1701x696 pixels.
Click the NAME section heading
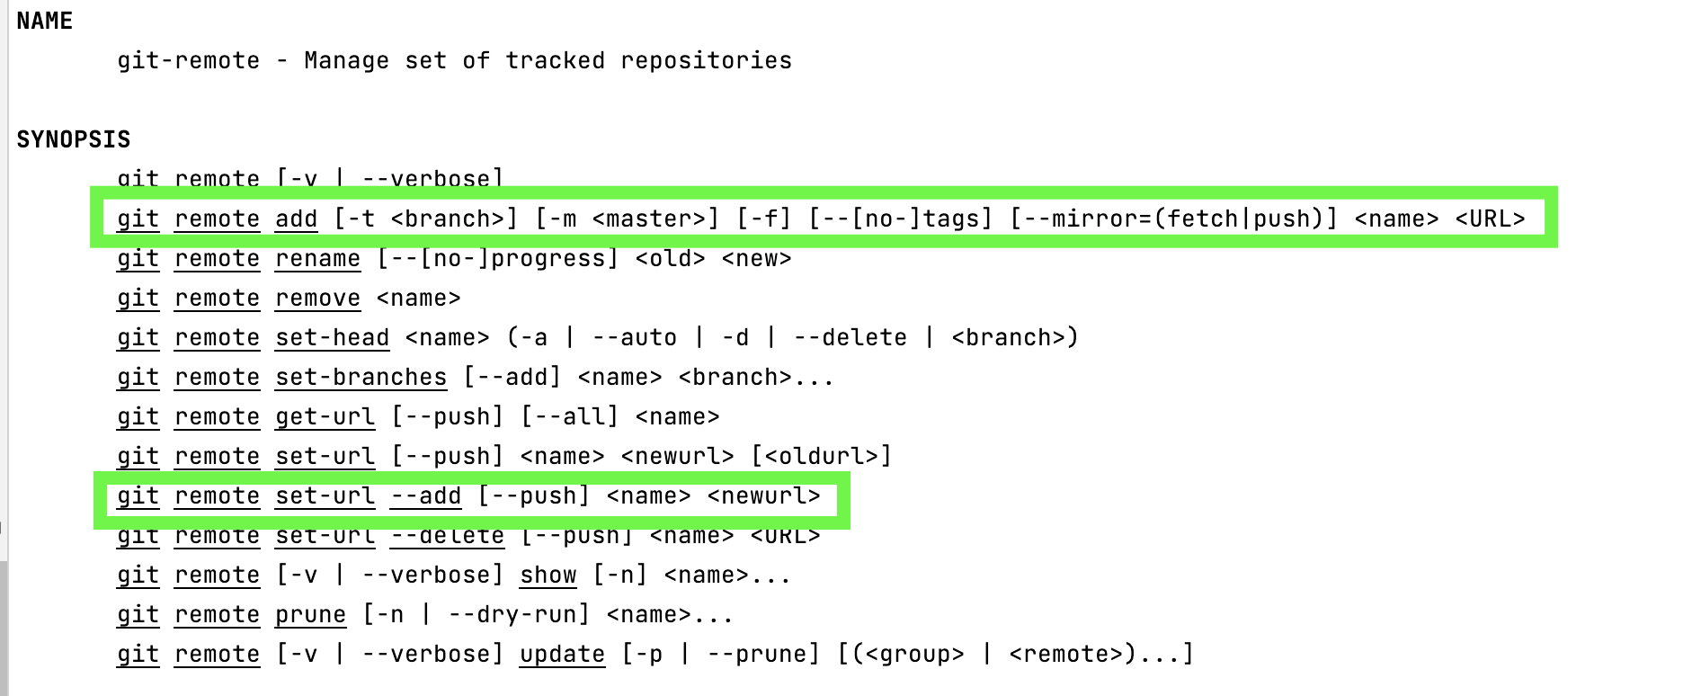tap(44, 21)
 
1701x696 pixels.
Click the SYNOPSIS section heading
tap(74, 139)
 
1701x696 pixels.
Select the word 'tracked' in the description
tap(555, 60)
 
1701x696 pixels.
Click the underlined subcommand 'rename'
tap(317, 259)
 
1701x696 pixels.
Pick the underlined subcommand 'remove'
tap(317, 299)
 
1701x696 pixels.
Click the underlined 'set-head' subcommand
tap(332, 338)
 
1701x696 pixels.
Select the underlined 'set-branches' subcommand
tap(361, 378)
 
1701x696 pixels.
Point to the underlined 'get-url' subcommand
tap(325, 417)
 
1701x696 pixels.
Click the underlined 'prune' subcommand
tap(310, 615)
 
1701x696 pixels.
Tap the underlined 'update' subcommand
tap(562, 655)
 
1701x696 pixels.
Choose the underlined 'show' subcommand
tap(548, 576)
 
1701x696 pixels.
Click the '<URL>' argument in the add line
tap(1490, 219)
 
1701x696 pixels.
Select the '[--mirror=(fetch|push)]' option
tap(1173, 219)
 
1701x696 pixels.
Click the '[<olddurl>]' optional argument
tap(821, 457)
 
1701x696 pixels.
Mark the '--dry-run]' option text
tap(519, 615)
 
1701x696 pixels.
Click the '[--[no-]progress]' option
tap(497, 259)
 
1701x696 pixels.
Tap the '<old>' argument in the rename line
tap(670, 259)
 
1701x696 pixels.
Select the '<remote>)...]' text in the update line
tap(1101, 655)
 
